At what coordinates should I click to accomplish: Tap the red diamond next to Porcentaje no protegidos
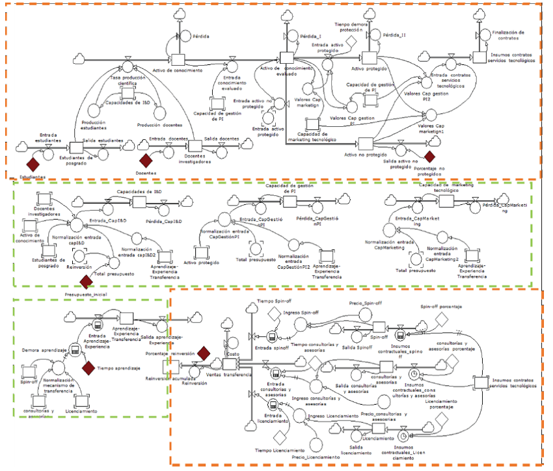pyautogui.click(x=429, y=155)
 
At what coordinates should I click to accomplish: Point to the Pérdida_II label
pyautogui.click(x=396, y=35)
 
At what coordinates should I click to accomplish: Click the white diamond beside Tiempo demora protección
pyautogui.click(x=351, y=40)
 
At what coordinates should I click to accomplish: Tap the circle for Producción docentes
pyautogui.click(x=160, y=113)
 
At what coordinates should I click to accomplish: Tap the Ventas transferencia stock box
pyautogui.click(x=230, y=362)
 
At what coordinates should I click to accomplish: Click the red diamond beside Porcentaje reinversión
pyautogui.click(x=204, y=353)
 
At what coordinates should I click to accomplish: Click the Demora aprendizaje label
pyautogui.click(x=44, y=349)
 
